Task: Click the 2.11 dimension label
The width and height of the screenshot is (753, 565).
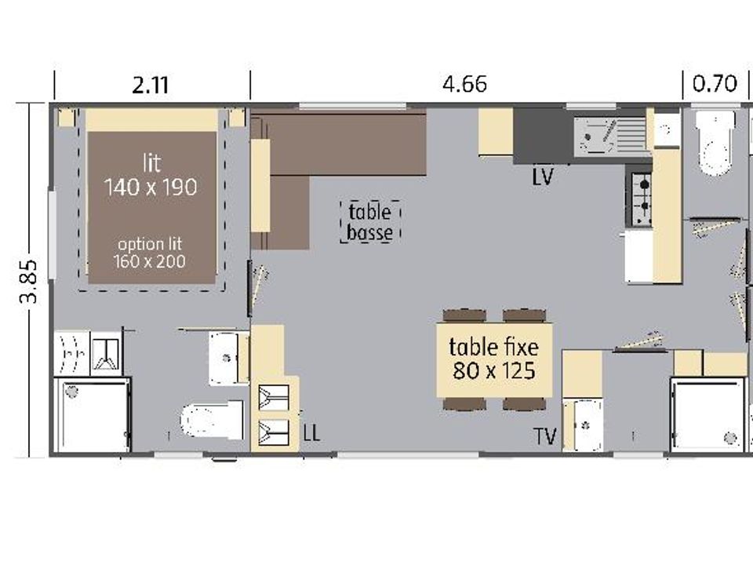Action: click(x=151, y=86)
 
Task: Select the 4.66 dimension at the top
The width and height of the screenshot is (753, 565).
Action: click(x=464, y=84)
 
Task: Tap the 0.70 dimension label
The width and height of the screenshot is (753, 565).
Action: click(x=715, y=84)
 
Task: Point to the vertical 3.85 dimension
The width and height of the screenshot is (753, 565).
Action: click(x=28, y=281)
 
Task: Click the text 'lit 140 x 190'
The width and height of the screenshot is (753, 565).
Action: click(x=151, y=175)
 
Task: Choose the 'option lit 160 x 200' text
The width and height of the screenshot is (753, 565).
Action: click(x=149, y=253)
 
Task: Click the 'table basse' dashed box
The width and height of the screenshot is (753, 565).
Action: click(x=370, y=221)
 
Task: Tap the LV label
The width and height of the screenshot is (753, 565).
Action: click(x=543, y=177)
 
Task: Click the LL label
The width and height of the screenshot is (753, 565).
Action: click(x=311, y=433)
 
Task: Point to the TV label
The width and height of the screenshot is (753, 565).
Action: click(x=546, y=437)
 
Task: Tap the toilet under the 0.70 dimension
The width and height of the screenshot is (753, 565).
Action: click(x=715, y=143)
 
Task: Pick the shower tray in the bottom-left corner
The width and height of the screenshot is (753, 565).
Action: click(x=93, y=415)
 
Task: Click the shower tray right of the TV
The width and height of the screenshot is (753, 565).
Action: click(x=708, y=415)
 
